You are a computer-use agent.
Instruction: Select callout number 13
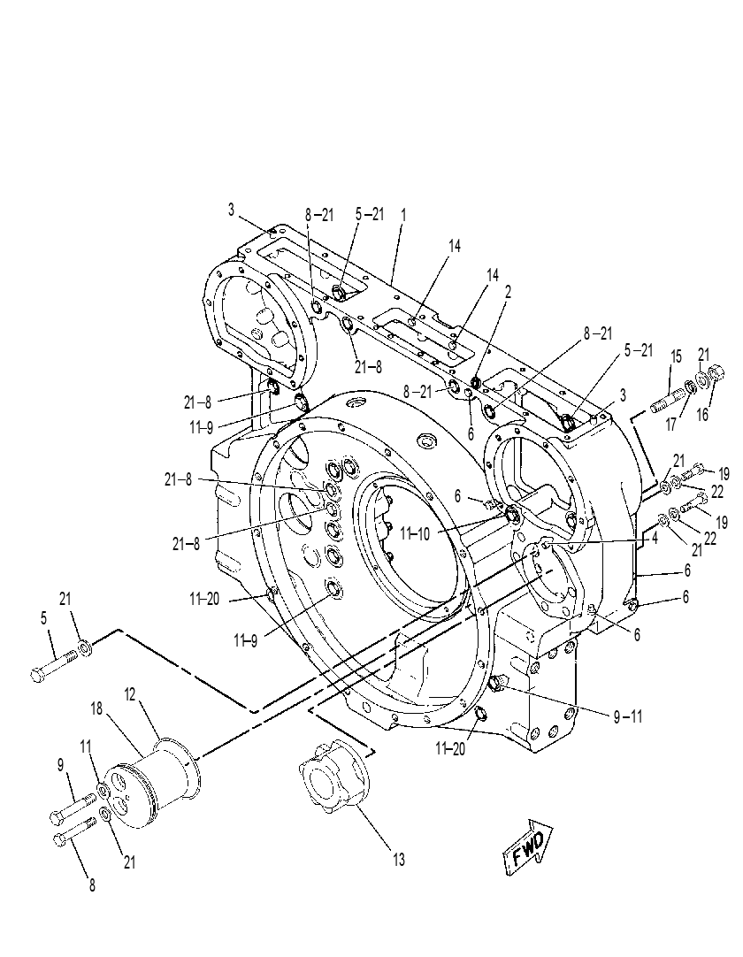tap(399, 860)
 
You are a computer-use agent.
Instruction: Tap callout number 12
tap(130, 694)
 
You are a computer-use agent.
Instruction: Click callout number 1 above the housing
tap(403, 215)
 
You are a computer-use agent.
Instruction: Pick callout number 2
tap(508, 291)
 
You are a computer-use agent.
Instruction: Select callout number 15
tap(676, 356)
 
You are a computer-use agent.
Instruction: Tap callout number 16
tap(702, 415)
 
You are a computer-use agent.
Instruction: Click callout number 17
tap(671, 425)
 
